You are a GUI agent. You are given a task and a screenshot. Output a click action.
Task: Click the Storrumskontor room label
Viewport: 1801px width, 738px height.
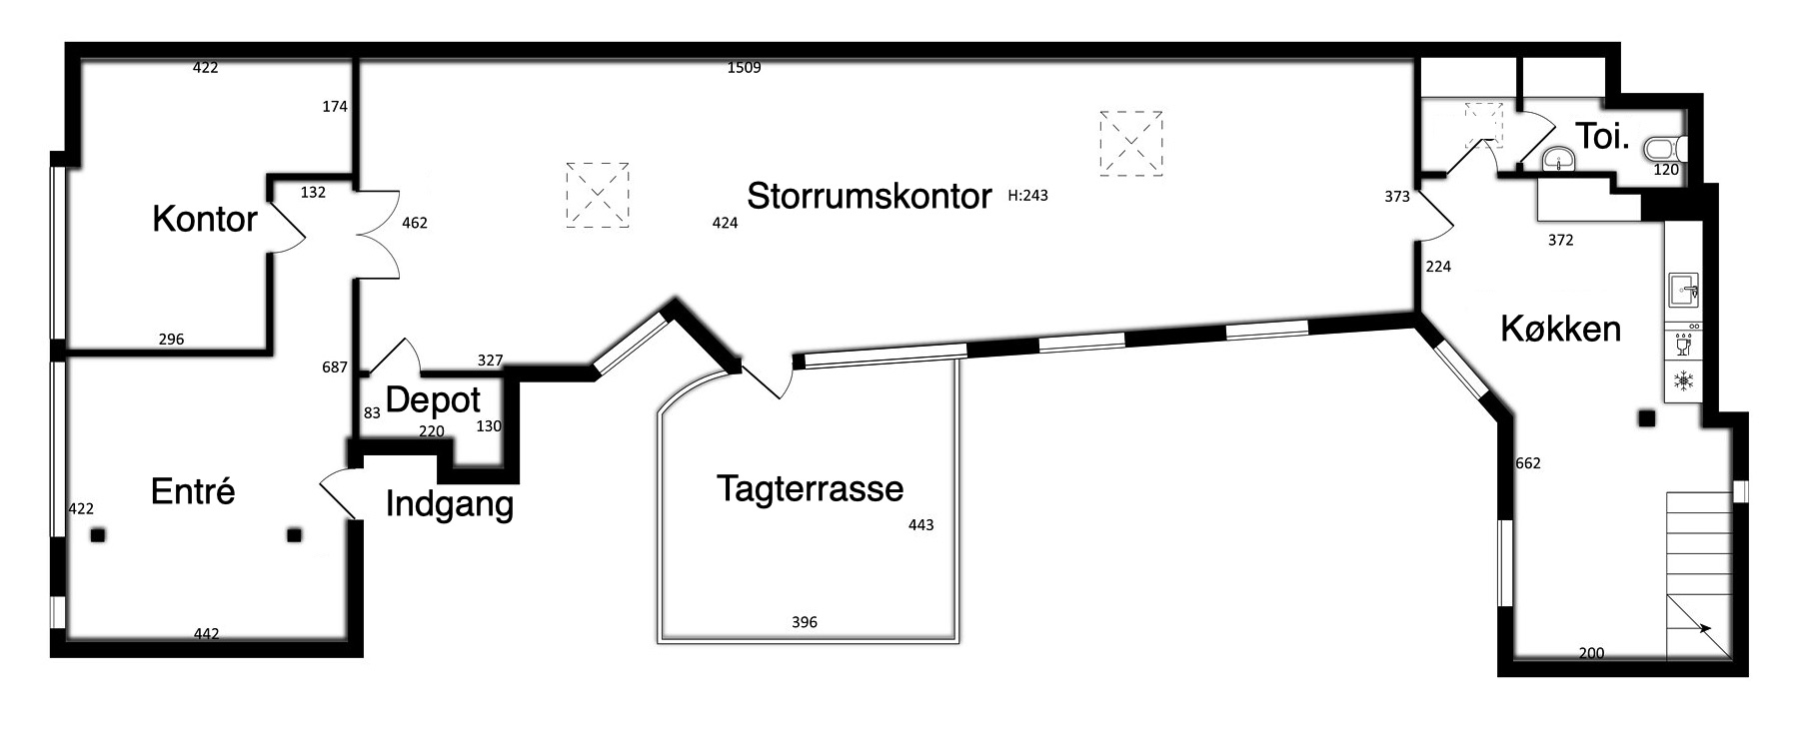coord(869,196)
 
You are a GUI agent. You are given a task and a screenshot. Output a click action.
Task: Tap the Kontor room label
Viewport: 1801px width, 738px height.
coord(205,219)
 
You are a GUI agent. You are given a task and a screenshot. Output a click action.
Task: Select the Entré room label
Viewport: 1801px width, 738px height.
coord(193,491)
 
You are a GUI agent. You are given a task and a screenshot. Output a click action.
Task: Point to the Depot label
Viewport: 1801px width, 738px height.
coord(433,400)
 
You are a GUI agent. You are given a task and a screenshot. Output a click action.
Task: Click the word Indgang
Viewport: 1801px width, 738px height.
coord(450,505)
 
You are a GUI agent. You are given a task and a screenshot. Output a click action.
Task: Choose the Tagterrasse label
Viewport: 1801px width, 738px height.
coord(810,488)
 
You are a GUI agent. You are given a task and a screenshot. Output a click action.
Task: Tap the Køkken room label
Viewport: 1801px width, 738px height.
coord(1560,329)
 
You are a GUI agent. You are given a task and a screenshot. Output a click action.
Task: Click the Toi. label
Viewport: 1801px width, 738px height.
coord(1602,137)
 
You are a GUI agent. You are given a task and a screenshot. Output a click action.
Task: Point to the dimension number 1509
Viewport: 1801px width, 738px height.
coord(745,68)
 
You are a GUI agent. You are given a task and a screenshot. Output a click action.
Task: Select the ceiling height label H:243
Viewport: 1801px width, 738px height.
coord(1028,196)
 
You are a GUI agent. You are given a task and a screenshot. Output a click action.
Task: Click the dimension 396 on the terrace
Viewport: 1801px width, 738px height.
coord(805,622)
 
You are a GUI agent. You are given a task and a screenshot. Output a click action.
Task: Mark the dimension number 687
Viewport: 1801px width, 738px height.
coord(335,368)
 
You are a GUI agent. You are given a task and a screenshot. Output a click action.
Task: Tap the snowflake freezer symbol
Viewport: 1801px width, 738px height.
coord(1684,380)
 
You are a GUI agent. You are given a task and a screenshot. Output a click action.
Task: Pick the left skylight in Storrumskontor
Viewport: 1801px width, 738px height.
coord(598,195)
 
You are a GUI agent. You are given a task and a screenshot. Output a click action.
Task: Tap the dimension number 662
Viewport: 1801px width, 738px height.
coord(1528,463)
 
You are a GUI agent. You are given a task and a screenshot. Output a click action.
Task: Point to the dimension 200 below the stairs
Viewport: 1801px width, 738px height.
coord(1591,653)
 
